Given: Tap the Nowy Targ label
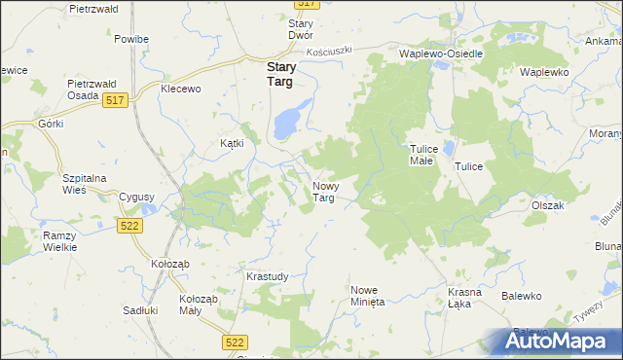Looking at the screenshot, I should point(324,192).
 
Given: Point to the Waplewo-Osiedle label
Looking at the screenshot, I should point(441,54).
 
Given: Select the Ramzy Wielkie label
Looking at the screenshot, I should point(59,241).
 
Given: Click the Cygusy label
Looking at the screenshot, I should point(136,197).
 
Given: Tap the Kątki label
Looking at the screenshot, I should point(231,142).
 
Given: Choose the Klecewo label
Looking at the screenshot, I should point(180,89).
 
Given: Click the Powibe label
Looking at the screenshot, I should point(130,39).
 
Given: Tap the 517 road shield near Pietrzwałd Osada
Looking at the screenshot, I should point(116,101).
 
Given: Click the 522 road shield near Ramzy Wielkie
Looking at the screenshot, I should point(128,226).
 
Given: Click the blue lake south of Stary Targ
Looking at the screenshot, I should point(287,124).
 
